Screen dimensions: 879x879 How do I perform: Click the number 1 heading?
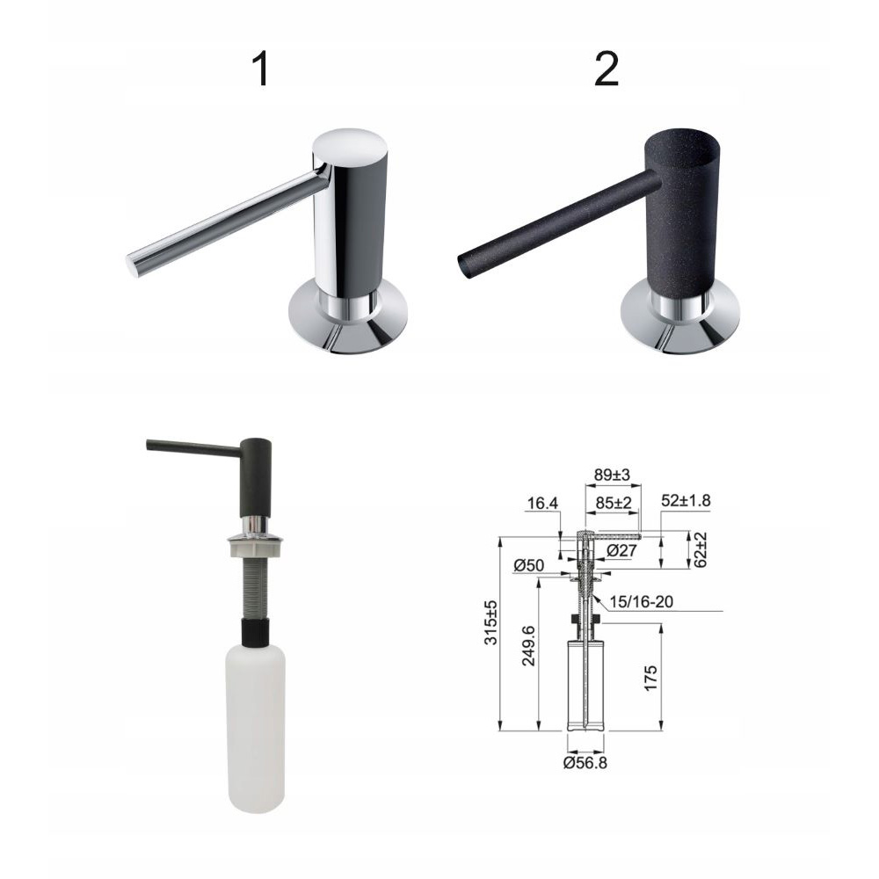click(261, 69)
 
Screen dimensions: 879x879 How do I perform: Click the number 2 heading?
click(606, 69)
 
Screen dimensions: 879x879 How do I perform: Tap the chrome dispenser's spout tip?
click(131, 265)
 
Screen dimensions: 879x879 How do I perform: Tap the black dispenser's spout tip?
click(462, 265)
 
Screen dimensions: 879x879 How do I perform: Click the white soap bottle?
click(256, 728)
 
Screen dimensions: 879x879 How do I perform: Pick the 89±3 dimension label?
click(612, 475)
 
